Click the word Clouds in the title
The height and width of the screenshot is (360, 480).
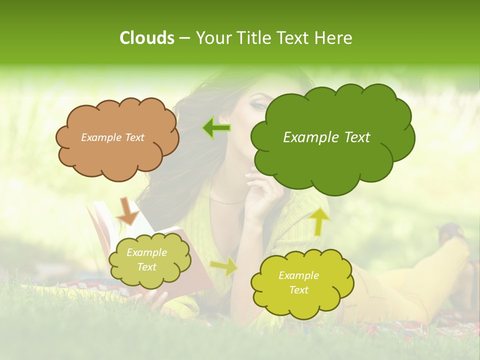coord(146,38)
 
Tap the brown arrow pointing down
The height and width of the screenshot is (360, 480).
coord(127,211)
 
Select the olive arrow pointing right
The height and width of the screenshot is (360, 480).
coord(223,266)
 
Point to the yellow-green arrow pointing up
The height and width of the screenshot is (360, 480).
coord(319,221)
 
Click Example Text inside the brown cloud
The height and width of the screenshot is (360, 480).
coord(112,137)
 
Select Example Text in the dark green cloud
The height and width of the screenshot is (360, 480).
coord(326,137)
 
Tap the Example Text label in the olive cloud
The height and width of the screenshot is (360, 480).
coord(146,260)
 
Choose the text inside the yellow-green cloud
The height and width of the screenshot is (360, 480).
coord(298,282)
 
